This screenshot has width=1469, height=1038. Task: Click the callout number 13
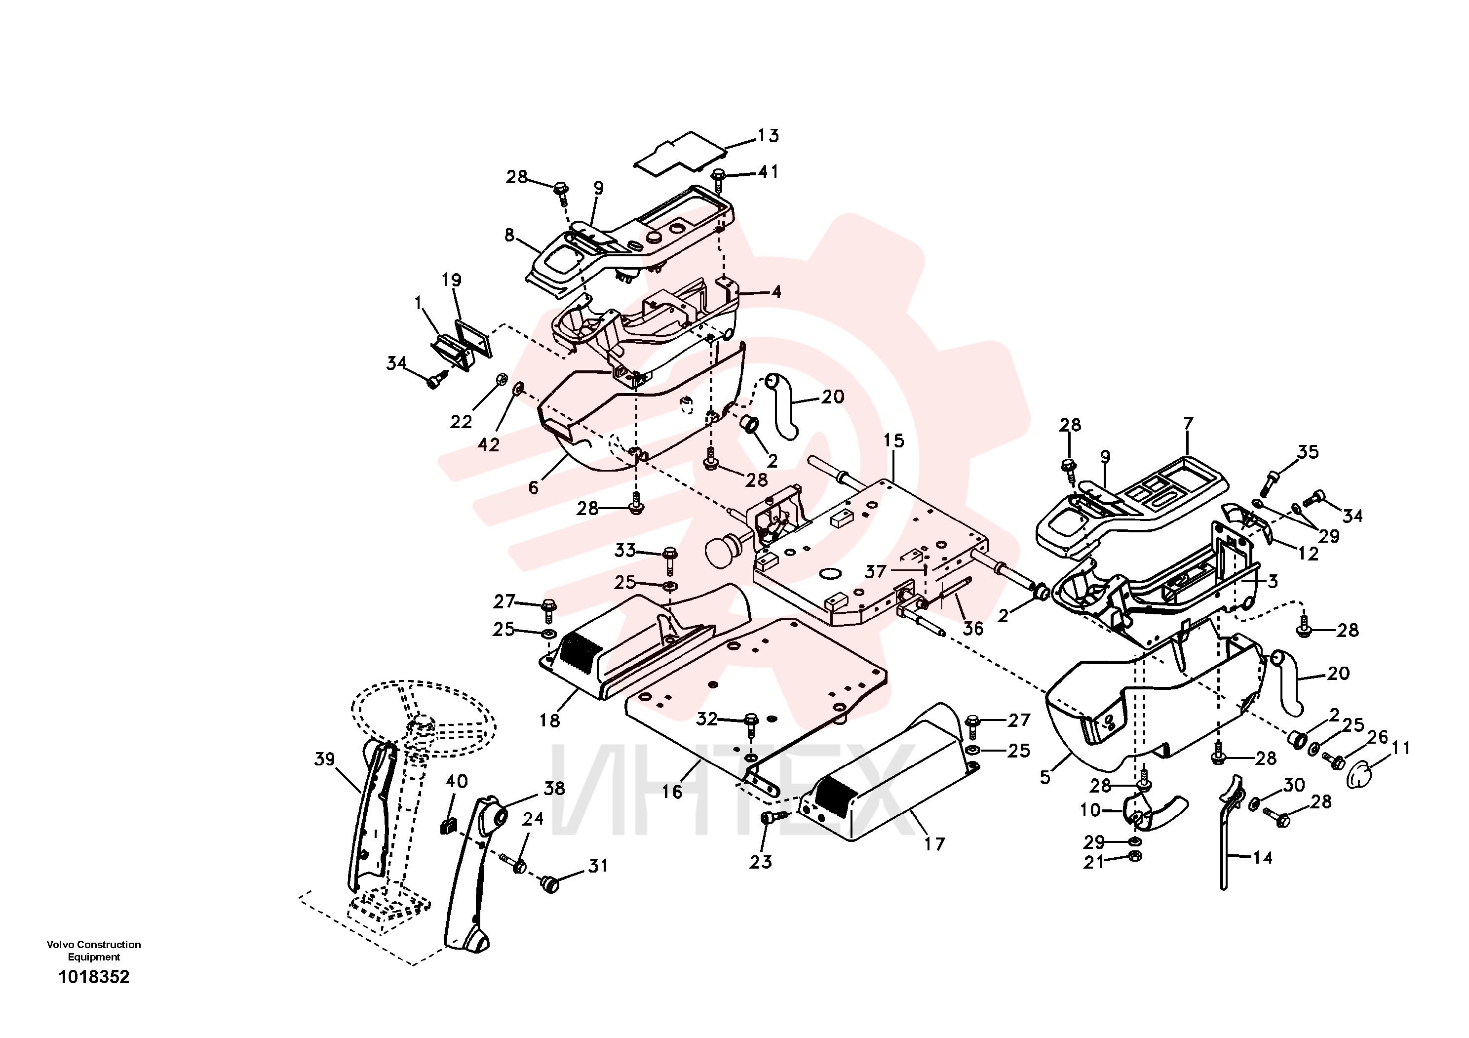click(769, 136)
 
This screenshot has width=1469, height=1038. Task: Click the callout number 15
click(894, 440)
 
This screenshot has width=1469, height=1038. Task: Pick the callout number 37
click(876, 571)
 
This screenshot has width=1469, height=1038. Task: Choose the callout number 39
click(325, 759)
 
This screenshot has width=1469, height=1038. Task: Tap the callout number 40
click(457, 781)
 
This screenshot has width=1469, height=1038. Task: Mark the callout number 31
click(598, 866)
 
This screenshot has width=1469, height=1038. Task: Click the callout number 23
click(761, 862)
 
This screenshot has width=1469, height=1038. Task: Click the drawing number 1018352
click(94, 977)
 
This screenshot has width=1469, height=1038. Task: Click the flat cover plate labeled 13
click(681, 151)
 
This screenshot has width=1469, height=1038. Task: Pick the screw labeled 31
click(549, 885)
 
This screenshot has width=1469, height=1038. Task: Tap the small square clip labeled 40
click(448, 826)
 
